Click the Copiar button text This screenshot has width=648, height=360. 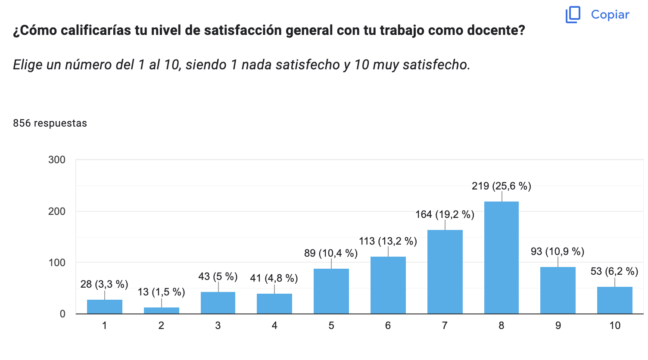tap(610, 15)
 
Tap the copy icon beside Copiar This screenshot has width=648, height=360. tap(573, 15)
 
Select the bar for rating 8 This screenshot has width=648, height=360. tap(502, 258)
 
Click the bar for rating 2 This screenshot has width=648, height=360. tap(161, 310)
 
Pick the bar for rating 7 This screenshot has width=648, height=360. tap(445, 272)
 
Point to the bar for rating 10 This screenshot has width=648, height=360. tap(615, 300)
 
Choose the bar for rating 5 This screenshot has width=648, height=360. tap(331, 291)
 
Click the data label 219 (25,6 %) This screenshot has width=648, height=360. tap(502, 186)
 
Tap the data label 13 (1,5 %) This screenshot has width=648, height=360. tap(161, 292)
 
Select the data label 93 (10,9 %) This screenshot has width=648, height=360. tap(558, 251)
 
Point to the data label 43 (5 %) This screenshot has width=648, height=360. tap(218, 276)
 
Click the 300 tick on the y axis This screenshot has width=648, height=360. tap(57, 160)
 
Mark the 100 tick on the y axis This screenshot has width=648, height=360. tap(57, 263)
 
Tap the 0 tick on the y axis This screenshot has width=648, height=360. tap(62, 314)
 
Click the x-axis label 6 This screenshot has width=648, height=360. tap(388, 326)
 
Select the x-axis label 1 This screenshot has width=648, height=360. tap(104, 326)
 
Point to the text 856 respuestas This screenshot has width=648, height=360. tap(50, 123)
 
